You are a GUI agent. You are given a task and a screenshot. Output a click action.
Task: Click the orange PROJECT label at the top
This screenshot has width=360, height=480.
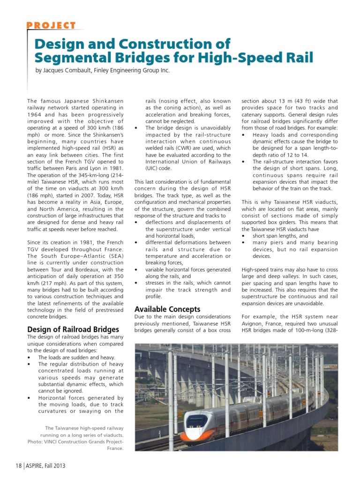coord(51,25)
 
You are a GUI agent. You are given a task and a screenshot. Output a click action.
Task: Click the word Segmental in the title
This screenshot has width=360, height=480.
coord(70,58)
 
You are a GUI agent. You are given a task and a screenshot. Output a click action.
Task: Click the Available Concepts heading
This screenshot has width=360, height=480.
coord(167,309)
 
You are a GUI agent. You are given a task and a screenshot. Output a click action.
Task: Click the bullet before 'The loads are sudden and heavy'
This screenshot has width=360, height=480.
coord(30,357)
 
